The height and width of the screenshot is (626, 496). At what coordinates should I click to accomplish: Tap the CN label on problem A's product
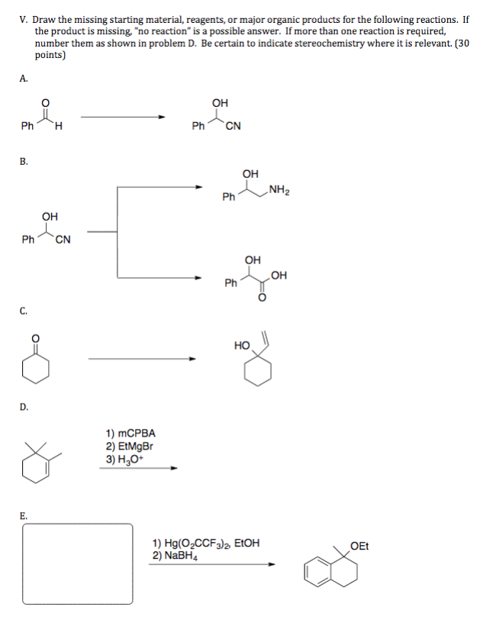[x=234, y=127]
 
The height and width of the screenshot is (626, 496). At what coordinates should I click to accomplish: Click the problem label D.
[x=24, y=407]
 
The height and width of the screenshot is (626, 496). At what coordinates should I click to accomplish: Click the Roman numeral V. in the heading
[x=24, y=19]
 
